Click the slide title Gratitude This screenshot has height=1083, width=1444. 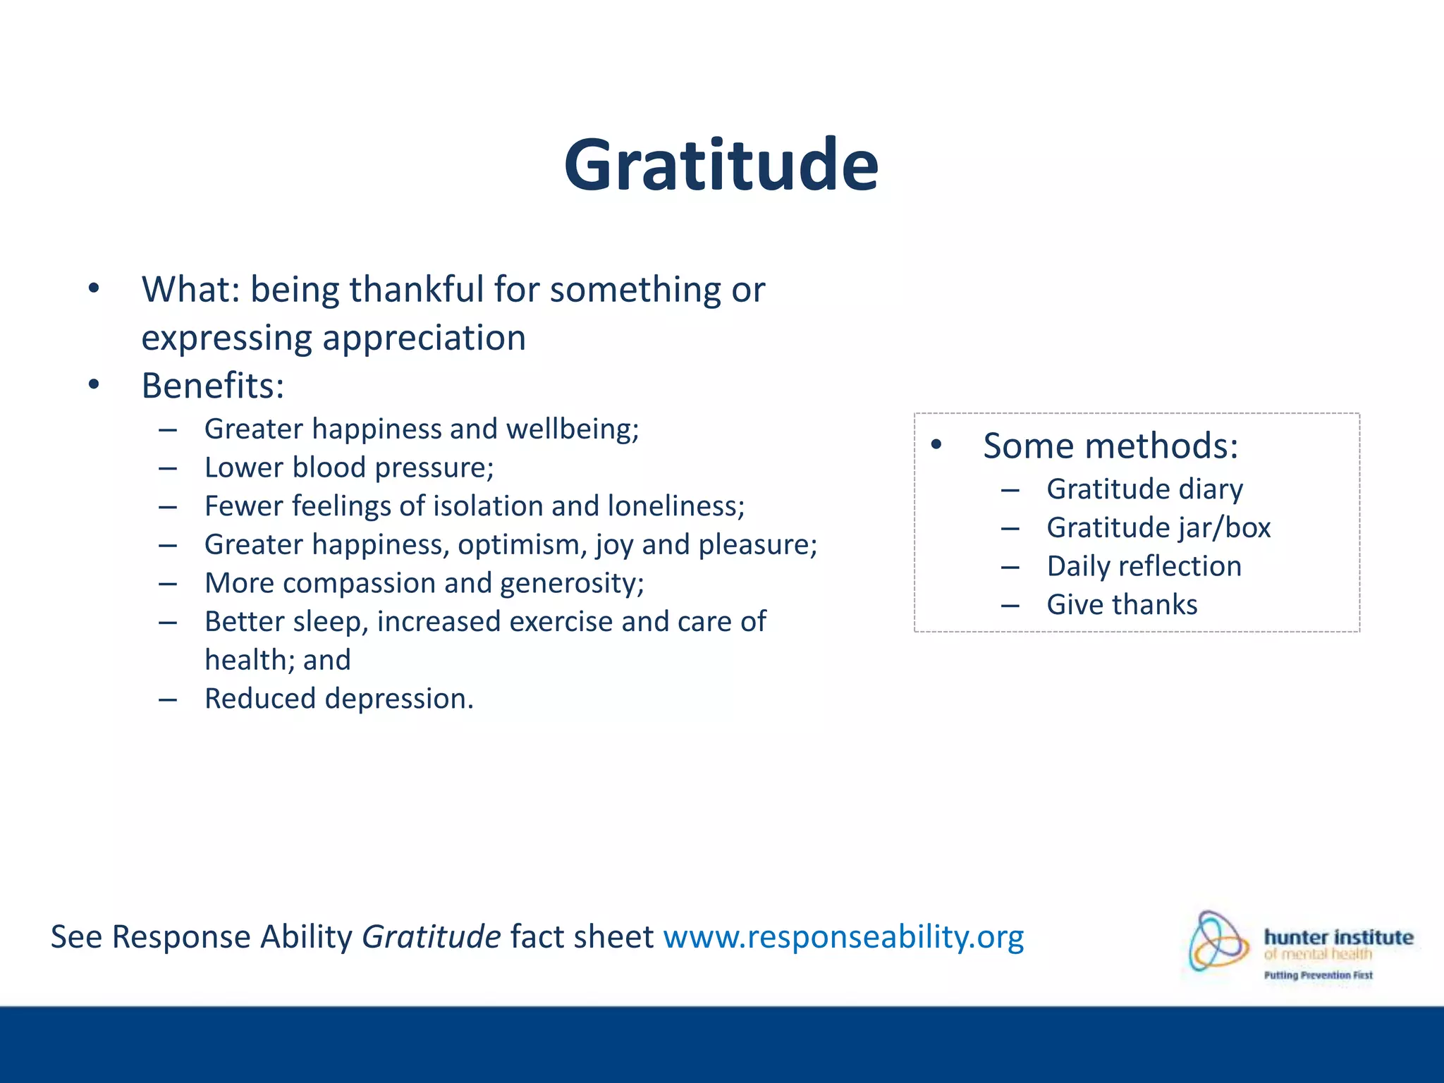coord(721,166)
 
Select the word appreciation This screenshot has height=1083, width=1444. coord(424,338)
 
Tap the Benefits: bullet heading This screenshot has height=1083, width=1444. coord(212,386)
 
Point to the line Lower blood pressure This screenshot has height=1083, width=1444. coord(349,468)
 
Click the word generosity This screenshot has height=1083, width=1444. coord(572,584)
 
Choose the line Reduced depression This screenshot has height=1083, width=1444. coord(338,699)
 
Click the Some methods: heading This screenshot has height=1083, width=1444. coord(1110,446)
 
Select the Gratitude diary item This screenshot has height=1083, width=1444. coord(1144,489)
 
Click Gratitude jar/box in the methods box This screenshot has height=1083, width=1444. coord(1158,528)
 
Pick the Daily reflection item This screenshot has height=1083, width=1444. coord(1144,567)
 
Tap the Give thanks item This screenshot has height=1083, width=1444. coord(1122,605)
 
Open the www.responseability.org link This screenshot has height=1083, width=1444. coord(843,937)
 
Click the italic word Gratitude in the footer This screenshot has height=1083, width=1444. coord(431,937)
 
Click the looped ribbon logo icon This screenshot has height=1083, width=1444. coord(1218,941)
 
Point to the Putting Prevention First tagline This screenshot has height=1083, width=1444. coord(1318,975)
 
